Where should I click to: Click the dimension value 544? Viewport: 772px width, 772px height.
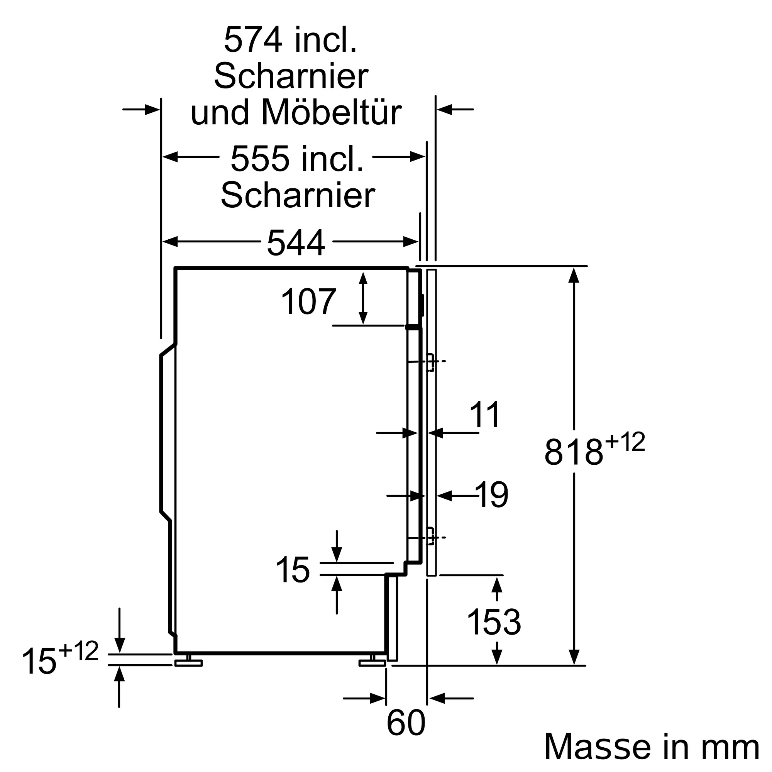point(296,242)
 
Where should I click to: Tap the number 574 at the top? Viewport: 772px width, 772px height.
point(253,39)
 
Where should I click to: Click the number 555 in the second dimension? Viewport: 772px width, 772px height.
point(260,159)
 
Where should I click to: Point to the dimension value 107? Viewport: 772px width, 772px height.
point(308,302)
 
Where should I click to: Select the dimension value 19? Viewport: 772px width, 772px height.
point(492,494)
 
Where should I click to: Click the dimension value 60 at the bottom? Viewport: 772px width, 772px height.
point(406,723)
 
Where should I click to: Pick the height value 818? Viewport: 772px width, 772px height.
point(574,452)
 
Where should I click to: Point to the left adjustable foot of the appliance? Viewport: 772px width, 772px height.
point(189,662)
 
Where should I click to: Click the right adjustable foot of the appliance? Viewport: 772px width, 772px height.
point(372,662)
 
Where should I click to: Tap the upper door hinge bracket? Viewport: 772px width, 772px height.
point(430,362)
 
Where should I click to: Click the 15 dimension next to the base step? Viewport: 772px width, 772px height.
point(293,569)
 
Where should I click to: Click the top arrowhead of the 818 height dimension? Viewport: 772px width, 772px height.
point(574,275)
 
